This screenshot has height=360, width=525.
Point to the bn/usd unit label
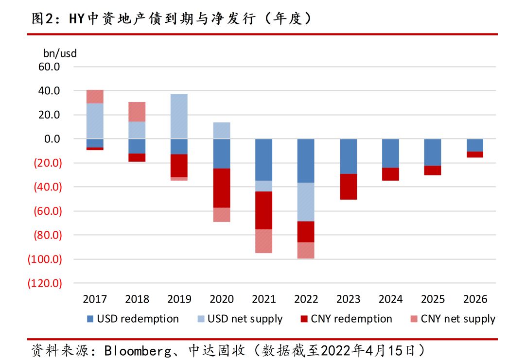(x=60, y=53)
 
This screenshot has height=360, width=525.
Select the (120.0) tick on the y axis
(x=45, y=283)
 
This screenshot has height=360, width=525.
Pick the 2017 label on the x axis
(x=95, y=299)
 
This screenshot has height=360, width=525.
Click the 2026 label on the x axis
(x=475, y=299)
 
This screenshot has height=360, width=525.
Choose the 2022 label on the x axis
(x=306, y=299)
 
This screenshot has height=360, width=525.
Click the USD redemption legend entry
(x=132, y=319)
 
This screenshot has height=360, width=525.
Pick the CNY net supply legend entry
(x=452, y=319)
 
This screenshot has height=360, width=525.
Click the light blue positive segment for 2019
(x=179, y=116)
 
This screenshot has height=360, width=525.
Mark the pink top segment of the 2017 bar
(x=95, y=96)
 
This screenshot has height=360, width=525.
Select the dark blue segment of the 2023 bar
(x=348, y=156)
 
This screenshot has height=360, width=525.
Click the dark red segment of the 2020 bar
(x=221, y=188)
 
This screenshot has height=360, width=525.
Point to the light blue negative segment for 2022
(x=306, y=202)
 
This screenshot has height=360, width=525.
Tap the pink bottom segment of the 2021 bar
(x=263, y=241)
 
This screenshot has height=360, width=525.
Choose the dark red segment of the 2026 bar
(x=475, y=154)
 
